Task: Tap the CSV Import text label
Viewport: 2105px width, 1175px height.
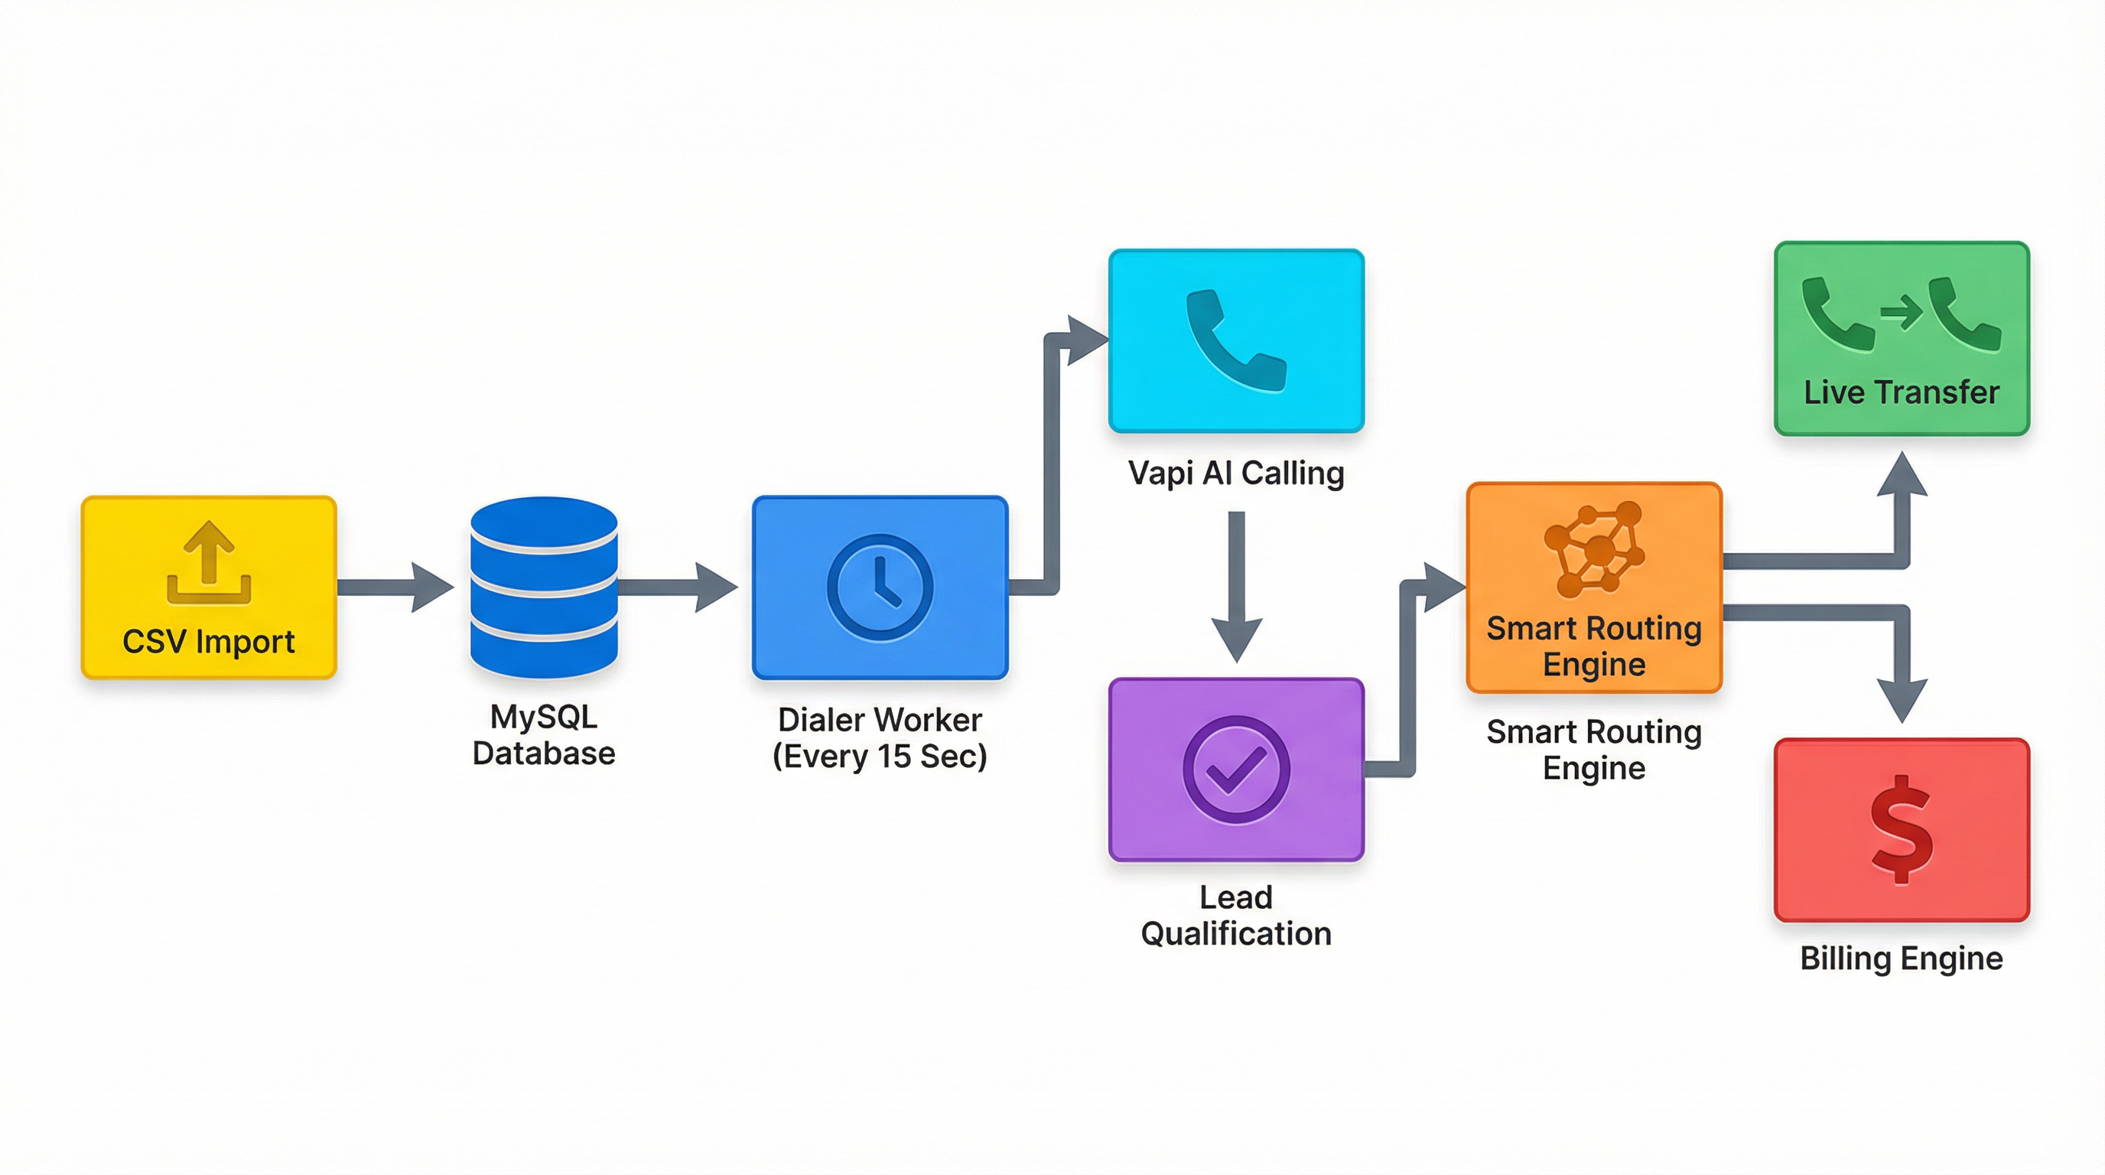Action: tap(208, 641)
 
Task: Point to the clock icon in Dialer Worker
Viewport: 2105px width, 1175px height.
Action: tap(880, 587)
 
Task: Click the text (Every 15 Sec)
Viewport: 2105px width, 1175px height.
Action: tap(880, 756)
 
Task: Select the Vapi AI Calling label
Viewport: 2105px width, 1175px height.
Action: tap(1235, 473)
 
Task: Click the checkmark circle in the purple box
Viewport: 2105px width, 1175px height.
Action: tap(1235, 769)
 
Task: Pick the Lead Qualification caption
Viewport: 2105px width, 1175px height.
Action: tap(1235, 915)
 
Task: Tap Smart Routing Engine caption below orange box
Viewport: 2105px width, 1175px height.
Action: tap(1593, 749)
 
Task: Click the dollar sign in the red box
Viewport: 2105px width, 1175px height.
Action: tap(1902, 829)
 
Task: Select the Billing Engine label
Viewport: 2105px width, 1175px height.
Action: tap(1902, 959)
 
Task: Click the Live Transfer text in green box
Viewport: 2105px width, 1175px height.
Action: tap(1902, 392)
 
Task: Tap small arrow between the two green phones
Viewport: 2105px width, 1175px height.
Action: tap(1901, 312)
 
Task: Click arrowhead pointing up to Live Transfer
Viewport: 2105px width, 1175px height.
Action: tap(1902, 477)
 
